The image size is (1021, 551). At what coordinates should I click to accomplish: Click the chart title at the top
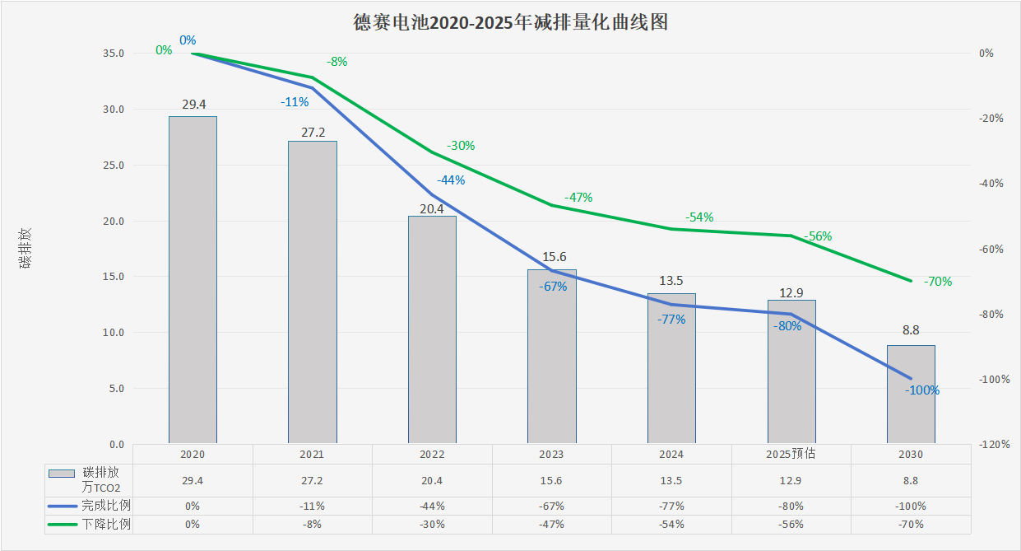[510, 22]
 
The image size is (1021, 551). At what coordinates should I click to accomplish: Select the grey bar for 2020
[193, 280]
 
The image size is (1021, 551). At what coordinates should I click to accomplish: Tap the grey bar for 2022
[432, 329]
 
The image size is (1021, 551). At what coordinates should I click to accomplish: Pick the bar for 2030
[911, 395]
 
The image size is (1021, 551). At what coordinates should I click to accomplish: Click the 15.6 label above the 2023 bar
[551, 257]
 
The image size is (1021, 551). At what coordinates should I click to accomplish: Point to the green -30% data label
[461, 146]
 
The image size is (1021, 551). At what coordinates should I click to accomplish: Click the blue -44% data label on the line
[451, 180]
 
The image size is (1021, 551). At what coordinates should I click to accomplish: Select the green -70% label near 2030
[938, 282]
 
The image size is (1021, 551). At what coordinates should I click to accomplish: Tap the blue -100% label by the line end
[922, 390]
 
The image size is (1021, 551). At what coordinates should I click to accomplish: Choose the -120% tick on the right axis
[995, 445]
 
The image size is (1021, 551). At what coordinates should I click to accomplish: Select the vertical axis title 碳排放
[26, 247]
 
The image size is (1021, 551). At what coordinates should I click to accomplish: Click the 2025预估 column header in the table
[791, 454]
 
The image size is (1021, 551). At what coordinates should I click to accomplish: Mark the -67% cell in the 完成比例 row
[551, 507]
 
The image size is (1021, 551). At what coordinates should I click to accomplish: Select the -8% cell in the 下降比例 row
[312, 524]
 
